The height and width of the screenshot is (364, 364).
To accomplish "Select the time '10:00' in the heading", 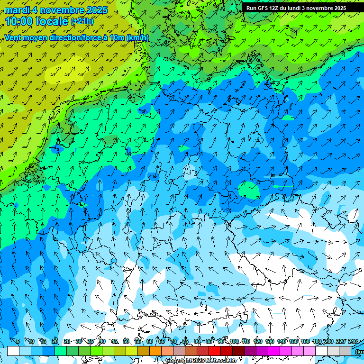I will click(20, 21).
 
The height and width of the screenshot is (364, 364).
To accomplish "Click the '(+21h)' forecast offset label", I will click(82, 21).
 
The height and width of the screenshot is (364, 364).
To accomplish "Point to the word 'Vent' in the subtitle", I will click(14, 38).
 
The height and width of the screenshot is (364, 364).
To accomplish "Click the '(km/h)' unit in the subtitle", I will click(138, 38).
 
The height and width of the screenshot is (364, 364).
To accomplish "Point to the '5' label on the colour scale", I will click(18, 341).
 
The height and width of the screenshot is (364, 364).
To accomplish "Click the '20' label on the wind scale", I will click(55, 341).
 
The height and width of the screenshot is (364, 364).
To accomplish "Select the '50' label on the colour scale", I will click(126, 341).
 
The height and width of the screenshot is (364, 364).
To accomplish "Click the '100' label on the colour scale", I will click(234, 341).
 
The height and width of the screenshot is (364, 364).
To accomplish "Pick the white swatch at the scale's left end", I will click(13, 351).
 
